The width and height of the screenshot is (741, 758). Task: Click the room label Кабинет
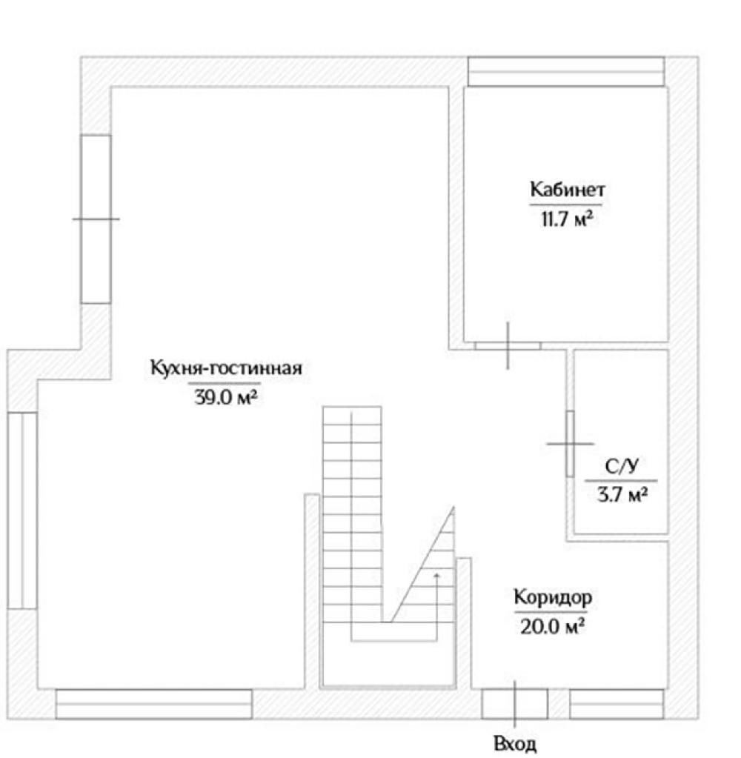[567, 189]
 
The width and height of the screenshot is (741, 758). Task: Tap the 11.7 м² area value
[567, 219]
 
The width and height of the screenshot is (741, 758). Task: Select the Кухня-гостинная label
[226, 368]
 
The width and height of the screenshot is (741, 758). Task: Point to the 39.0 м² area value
[226, 397]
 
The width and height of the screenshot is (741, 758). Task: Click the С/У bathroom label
[622, 466]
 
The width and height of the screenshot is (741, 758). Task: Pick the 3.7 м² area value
[622, 495]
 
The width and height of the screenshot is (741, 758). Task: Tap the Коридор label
[553, 597]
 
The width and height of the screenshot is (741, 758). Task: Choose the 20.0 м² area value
[552, 627]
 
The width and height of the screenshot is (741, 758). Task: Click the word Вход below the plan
[515, 743]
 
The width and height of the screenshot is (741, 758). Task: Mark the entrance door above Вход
[515, 703]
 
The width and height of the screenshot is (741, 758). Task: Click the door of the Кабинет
[508, 345]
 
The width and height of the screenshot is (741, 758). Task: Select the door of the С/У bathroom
[571, 444]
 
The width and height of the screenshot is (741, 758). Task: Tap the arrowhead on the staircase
[436, 575]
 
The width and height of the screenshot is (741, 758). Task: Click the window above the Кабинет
[566, 72]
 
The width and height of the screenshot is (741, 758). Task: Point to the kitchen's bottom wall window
[153, 704]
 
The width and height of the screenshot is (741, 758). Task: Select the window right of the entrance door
[617, 704]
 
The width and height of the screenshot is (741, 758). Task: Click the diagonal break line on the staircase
[422, 564]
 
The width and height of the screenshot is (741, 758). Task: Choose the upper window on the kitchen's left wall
[96, 219]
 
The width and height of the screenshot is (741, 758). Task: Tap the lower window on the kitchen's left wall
[22, 511]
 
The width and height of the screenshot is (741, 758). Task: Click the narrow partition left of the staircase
[312, 591]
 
